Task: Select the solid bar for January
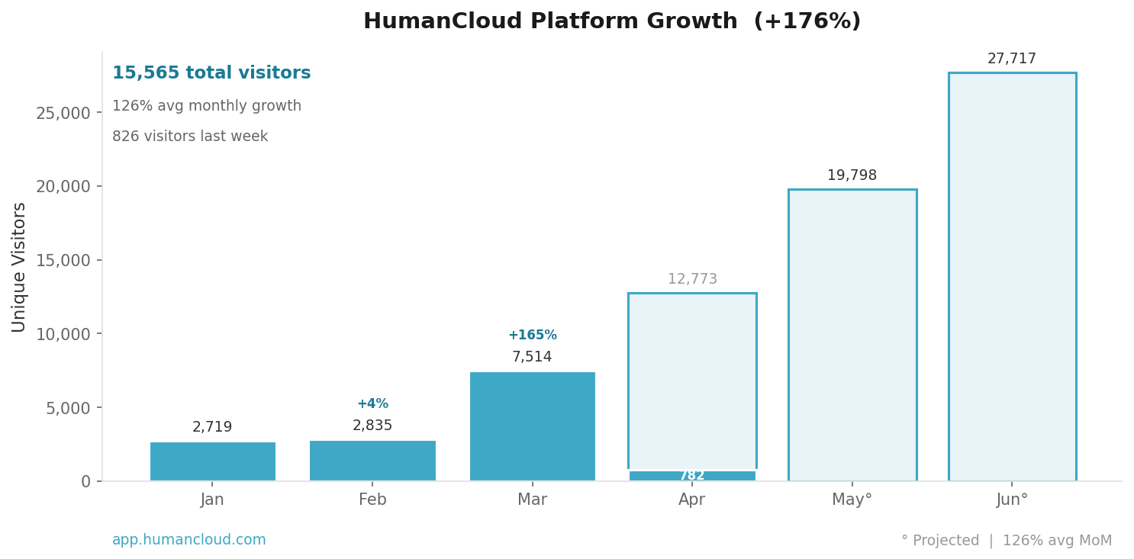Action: pyautogui.click(x=212, y=461)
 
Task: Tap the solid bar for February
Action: pyautogui.click(x=372, y=461)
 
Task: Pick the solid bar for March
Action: pyautogui.click(x=532, y=426)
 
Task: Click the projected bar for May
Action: pyautogui.click(x=852, y=336)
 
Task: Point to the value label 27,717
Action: pyautogui.click(x=1012, y=59)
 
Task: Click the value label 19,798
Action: pyautogui.click(x=852, y=175)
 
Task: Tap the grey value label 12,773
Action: pyautogui.click(x=692, y=279)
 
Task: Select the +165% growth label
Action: pyautogui.click(x=532, y=336)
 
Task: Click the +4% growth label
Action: pyautogui.click(x=372, y=404)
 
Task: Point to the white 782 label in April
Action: pyautogui.click(x=692, y=476)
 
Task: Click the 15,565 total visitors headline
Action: pyautogui.click(x=211, y=73)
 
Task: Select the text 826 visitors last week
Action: pyautogui.click(x=190, y=137)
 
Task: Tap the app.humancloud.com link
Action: pyautogui.click(x=189, y=540)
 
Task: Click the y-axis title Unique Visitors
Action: pyautogui.click(x=19, y=267)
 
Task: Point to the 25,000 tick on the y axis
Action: pyautogui.click(x=63, y=113)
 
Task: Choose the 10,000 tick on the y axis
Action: pyautogui.click(x=63, y=334)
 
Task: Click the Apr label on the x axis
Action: pyautogui.click(x=692, y=500)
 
